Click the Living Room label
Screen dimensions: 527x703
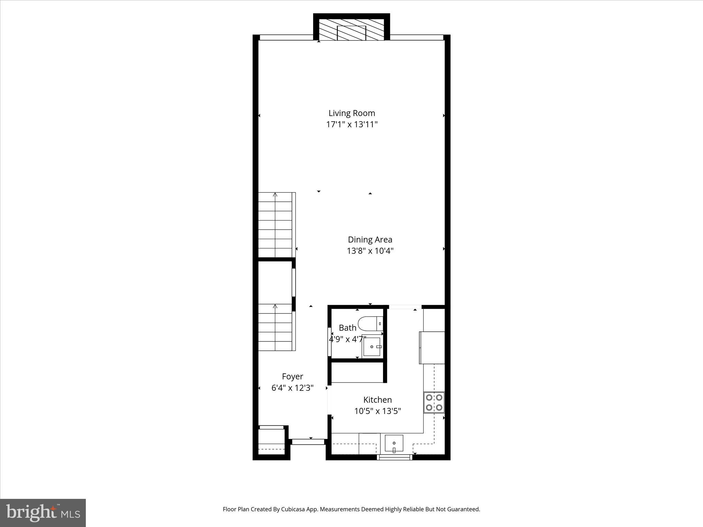coord(351,113)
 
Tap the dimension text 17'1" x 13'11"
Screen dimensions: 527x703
coord(351,124)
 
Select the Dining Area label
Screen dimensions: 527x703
coord(370,239)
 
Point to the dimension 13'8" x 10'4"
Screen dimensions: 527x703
coord(370,251)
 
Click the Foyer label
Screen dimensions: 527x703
coord(292,376)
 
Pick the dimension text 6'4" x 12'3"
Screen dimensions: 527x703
coord(292,388)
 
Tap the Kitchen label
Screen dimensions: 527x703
coord(378,400)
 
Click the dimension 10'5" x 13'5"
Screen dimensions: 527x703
coord(378,411)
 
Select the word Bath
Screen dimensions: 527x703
coord(347,328)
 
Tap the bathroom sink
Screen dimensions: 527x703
coord(372,347)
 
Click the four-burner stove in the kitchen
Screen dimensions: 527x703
coord(434,402)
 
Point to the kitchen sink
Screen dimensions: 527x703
coord(394,444)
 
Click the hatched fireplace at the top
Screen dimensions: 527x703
coord(351,30)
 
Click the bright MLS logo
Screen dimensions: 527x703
coord(43,513)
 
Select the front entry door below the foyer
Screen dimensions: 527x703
coord(308,442)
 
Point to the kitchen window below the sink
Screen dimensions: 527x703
coord(394,457)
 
